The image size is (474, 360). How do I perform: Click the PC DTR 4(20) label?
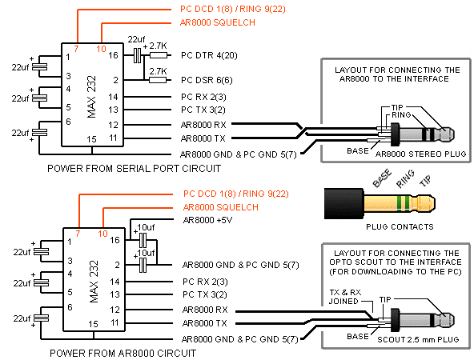coord(209,55)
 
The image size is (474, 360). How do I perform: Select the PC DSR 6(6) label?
coord(207,80)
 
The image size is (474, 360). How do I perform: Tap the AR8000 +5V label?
coord(207,220)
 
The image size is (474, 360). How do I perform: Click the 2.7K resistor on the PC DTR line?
coord(159,55)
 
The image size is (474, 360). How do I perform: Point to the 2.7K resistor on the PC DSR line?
coord(158,80)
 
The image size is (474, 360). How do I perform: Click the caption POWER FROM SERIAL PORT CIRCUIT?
coord(135,169)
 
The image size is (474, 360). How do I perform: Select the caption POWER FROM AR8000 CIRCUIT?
coord(123,353)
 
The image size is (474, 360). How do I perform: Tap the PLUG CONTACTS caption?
coord(400,227)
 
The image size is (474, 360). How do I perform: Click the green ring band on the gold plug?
coord(404,203)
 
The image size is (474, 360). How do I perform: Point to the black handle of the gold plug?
coord(344,203)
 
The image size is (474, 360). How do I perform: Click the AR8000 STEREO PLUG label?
coord(421,154)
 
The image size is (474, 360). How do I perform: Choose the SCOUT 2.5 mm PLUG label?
coord(418,340)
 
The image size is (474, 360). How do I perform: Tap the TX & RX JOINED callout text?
coord(345,297)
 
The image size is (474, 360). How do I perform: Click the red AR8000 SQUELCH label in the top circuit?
coord(218,22)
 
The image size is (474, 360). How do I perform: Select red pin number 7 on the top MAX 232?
coord(76,48)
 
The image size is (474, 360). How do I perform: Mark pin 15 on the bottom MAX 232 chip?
coord(93,324)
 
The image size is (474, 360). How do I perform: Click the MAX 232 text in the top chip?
coord(91,97)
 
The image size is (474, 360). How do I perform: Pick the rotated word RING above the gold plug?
coord(405,178)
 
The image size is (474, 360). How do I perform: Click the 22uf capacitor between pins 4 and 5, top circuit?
coord(39,98)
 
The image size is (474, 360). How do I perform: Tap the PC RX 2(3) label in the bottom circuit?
coord(205,282)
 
